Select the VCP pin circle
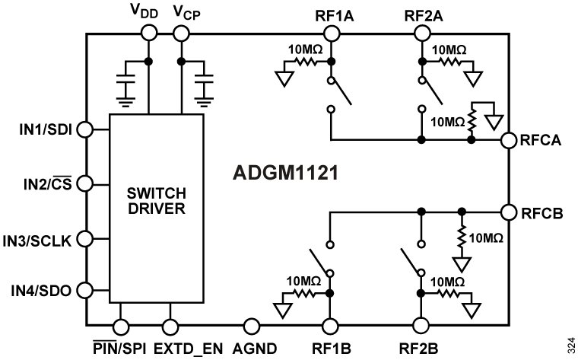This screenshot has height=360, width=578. (x=182, y=32)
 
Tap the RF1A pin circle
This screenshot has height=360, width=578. (x=331, y=32)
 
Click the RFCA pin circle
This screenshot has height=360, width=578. (x=508, y=140)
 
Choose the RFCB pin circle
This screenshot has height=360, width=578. (x=508, y=211)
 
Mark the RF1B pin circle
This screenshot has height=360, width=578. (x=330, y=327)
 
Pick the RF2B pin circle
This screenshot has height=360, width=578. (x=419, y=327)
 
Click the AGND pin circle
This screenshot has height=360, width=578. (x=251, y=327)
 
